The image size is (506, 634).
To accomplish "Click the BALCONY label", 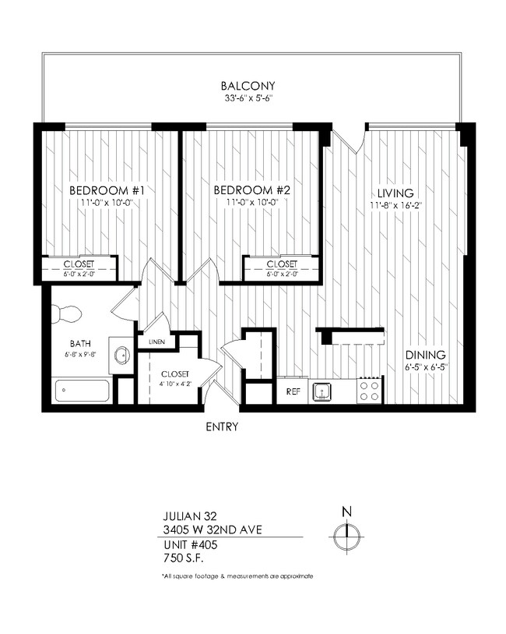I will pyautogui.click(x=248, y=86).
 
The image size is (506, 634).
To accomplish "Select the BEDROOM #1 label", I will pyautogui.click(x=107, y=190).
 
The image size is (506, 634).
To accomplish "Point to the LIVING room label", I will pyautogui.click(x=395, y=193).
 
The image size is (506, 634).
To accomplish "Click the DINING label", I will pyautogui.click(x=424, y=355).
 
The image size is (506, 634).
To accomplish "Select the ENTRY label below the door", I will pyautogui.click(x=222, y=427).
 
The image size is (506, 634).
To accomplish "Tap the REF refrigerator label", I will pyautogui.click(x=293, y=391).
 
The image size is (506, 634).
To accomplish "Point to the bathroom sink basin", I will pyautogui.click(x=121, y=356).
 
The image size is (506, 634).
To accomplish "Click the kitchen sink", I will pyautogui.click(x=322, y=391).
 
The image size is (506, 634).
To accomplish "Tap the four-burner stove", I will pyautogui.click(x=371, y=390).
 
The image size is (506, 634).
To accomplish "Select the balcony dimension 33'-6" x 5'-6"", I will pyautogui.click(x=248, y=98).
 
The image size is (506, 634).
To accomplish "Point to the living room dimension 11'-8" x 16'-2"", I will pyautogui.click(x=395, y=205).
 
